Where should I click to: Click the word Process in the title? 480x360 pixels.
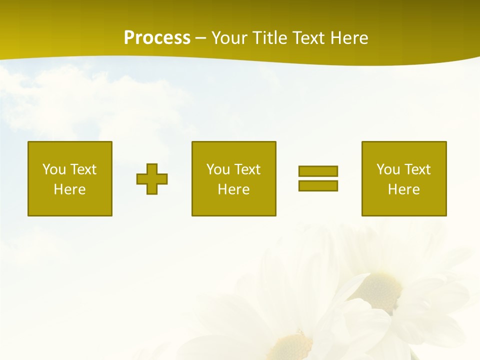(157, 38)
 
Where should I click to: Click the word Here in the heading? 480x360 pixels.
(350, 38)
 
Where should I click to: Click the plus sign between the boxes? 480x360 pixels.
(152, 179)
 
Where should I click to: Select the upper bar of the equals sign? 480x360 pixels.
(318, 171)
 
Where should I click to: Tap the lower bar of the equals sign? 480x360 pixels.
(318, 185)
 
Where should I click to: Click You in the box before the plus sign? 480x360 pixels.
(54, 169)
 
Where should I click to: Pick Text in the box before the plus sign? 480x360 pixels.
(82, 169)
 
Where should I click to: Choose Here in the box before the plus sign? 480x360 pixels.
(69, 189)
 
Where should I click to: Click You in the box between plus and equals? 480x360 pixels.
(218, 169)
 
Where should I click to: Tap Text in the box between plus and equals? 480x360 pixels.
(246, 169)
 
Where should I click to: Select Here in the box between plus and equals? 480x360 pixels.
(233, 189)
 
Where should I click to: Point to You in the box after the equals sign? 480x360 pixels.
(388, 169)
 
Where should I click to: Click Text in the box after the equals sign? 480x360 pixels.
(416, 169)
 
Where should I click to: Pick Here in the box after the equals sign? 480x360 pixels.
(403, 189)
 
